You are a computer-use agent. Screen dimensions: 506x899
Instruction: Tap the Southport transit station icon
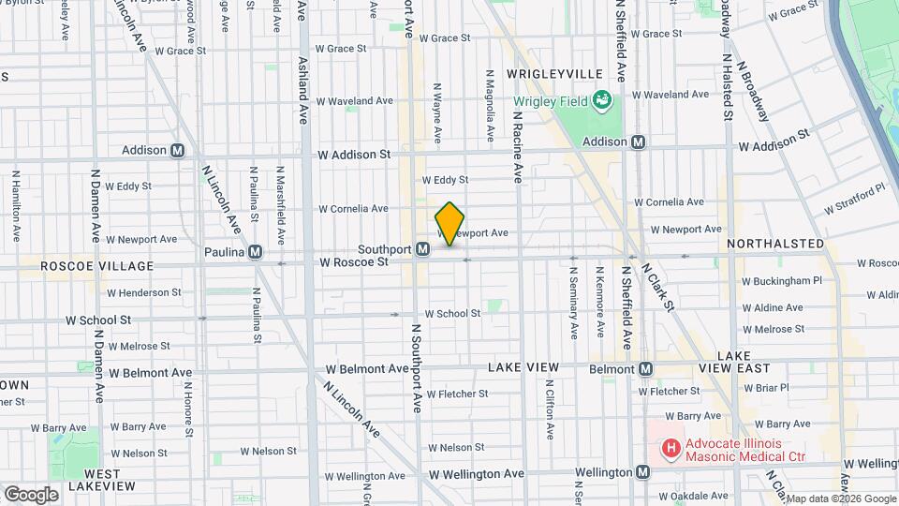click(x=423, y=249)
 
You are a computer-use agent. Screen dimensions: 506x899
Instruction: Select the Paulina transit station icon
click(x=255, y=252)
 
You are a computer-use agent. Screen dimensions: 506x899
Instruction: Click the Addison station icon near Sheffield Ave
click(x=639, y=141)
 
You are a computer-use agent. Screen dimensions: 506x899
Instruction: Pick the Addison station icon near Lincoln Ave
click(x=177, y=150)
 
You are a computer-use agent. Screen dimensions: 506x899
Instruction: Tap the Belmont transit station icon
click(x=645, y=369)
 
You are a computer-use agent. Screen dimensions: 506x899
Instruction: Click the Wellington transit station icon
click(x=642, y=472)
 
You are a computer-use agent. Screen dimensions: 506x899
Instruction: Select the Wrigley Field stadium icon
click(x=603, y=100)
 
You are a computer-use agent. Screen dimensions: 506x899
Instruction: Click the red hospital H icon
click(x=671, y=449)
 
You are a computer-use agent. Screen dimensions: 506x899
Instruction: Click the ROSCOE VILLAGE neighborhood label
click(x=82, y=266)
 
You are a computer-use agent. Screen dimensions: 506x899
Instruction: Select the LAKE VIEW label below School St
click(x=523, y=366)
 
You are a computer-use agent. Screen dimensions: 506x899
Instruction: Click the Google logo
click(x=31, y=494)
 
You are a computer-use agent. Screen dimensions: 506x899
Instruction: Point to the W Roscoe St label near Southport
click(x=354, y=263)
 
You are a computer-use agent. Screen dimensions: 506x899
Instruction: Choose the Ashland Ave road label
click(x=303, y=101)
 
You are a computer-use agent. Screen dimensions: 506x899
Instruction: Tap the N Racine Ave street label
click(x=516, y=145)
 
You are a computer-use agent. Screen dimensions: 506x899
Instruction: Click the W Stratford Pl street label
click(x=854, y=199)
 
